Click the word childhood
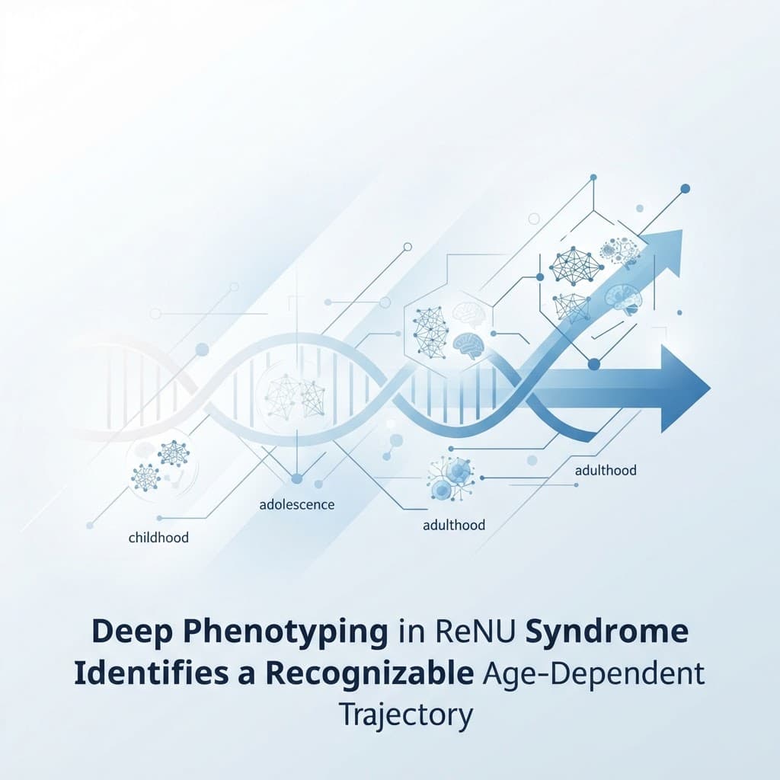[x=158, y=537]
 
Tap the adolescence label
[x=297, y=504]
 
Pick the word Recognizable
[x=369, y=675]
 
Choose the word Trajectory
[x=405, y=716]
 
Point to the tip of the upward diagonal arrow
[x=682, y=230]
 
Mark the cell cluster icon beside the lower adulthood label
[x=451, y=478]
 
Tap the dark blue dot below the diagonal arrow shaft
[x=594, y=365]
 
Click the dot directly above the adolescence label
[x=296, y=478]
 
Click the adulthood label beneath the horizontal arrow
[x=606, y=470]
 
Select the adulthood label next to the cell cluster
[x=454, y=525]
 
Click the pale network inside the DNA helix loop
[x=295, y=396]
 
